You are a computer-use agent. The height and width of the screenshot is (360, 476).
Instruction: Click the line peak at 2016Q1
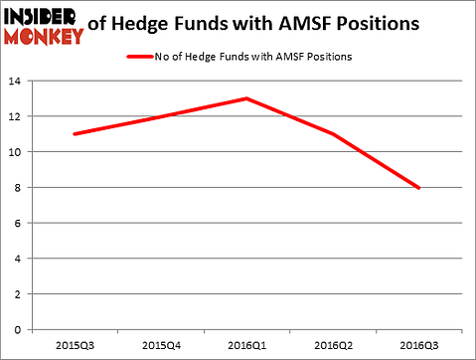[x=246, y=98]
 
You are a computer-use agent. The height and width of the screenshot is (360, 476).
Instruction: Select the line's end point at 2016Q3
[x=417, y=187]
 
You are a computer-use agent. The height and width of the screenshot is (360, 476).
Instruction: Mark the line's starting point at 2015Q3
[x=75, y=134]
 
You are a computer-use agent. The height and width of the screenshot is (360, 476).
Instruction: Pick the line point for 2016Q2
[x=332, y=134]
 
